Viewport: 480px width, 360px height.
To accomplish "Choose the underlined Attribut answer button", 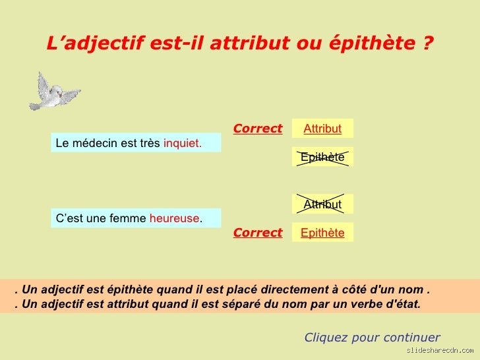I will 322,129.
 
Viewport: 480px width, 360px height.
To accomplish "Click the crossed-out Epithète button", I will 322,157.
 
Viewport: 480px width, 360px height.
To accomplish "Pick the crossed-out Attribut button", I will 322,204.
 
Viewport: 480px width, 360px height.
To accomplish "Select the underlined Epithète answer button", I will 322,233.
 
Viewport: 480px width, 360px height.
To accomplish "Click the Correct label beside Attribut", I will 257,129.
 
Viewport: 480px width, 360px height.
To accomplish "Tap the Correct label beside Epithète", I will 257,233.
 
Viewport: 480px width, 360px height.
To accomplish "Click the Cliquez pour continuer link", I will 372,338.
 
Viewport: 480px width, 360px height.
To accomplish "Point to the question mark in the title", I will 429,44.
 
